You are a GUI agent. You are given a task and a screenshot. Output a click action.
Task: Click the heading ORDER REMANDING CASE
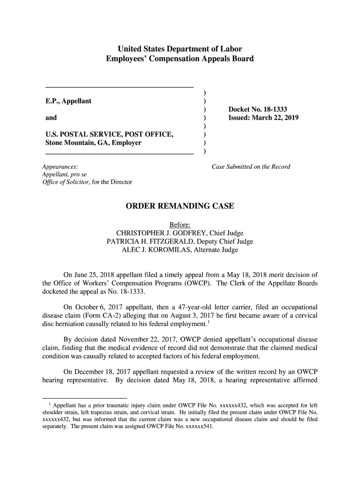(x=180, y=206)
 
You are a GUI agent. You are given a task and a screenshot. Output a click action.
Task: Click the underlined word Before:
(x=180, y=225)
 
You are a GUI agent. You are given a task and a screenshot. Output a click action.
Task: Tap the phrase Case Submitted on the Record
(x=251, y=167)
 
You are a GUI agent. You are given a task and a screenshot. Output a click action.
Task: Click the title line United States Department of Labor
(x=180, y=49)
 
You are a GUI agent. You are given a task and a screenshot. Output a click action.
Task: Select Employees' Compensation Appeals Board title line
(x=180, y=59)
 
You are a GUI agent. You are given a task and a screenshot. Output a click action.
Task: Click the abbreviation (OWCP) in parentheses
(x=197, y=283)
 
